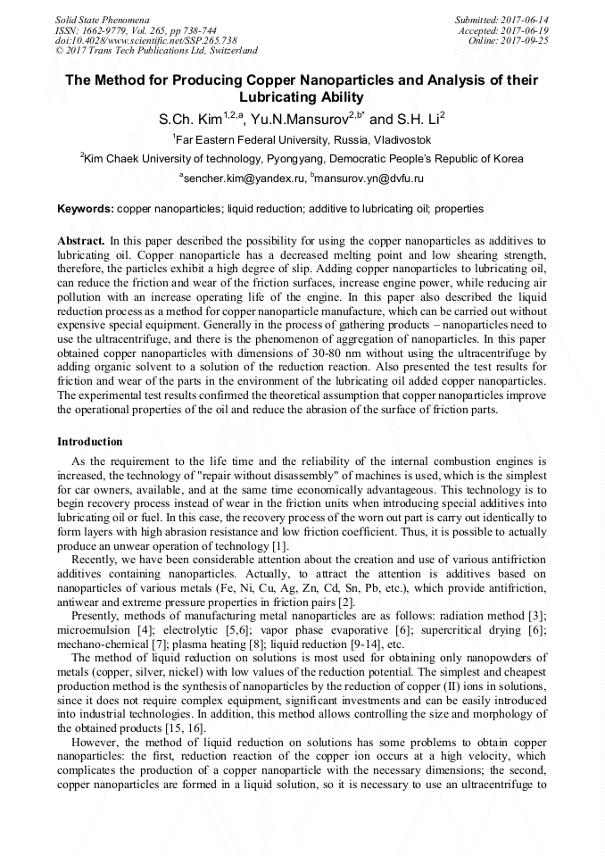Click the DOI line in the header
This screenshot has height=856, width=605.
145,40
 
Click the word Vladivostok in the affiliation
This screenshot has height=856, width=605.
400,140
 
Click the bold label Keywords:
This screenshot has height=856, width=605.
86,209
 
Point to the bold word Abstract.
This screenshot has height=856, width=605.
81,242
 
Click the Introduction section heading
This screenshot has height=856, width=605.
90,442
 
